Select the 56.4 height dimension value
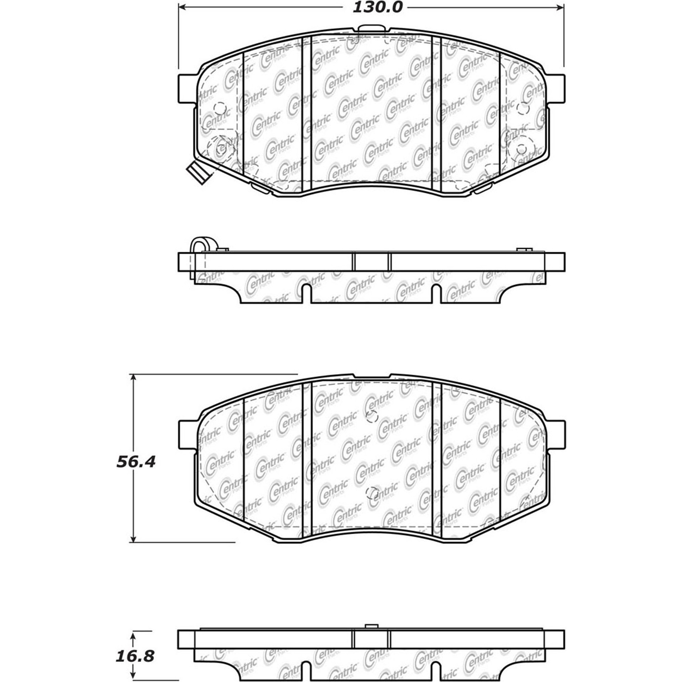tap(136, 462)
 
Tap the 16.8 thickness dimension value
tap(135, 656)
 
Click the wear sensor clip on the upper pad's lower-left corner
tap(196, 172)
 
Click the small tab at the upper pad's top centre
tap(371, 29)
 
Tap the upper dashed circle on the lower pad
tap(372, 416)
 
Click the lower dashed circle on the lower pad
tap(372, 493)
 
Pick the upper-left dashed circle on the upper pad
tap(220, 108)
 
